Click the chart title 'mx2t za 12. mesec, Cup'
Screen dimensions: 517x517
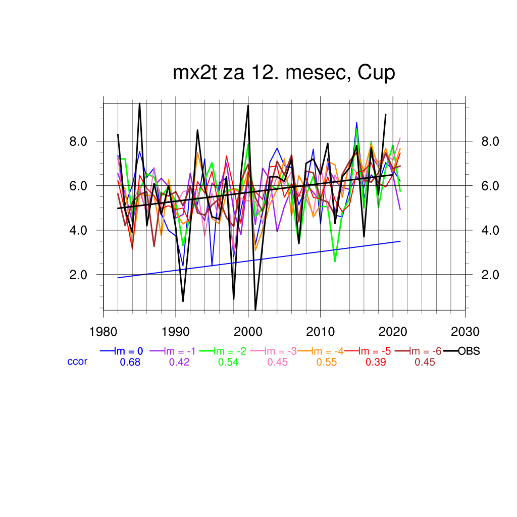coord(284,73)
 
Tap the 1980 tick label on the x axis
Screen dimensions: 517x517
coord(104,332)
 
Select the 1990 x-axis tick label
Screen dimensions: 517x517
coord(176,332)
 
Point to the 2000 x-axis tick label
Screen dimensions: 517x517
coord(248,332)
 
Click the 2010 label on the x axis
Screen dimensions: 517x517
coord(320,332)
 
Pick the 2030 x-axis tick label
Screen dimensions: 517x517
coord(465,332)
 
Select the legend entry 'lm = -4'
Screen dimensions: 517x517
coord(327,351)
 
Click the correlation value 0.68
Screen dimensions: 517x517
coord(130,362)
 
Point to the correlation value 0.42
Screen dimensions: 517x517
coord(179,362)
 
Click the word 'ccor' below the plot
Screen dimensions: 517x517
coord(77,361)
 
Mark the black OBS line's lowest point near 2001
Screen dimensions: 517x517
coord(255,309)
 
